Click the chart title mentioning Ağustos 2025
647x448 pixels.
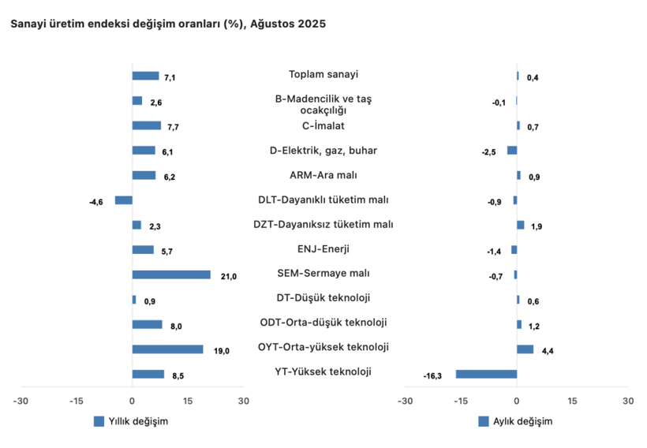[167, 24]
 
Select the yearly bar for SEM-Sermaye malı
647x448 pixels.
[171, 274]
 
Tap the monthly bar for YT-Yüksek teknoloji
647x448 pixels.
[486, 374]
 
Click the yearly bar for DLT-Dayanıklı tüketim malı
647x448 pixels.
[124, 200]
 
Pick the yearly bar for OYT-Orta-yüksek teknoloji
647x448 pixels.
[167, 349]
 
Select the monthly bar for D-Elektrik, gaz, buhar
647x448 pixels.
[512, 151]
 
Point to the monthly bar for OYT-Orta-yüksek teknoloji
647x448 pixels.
[525, 349]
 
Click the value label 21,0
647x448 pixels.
[229, 276]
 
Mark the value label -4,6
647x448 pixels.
[96, 203]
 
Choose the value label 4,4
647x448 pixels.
[548, 351]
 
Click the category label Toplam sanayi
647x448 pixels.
[323, 75]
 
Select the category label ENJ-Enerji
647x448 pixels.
[323, 249]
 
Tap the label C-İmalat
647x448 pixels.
[323, 125]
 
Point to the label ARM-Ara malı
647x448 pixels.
[323, 175]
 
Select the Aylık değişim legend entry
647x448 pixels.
[515, 421]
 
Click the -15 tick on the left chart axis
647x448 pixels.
[77, 401]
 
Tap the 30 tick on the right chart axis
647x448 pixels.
[627, 401]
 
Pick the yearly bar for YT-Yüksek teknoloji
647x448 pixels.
[148, 374]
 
